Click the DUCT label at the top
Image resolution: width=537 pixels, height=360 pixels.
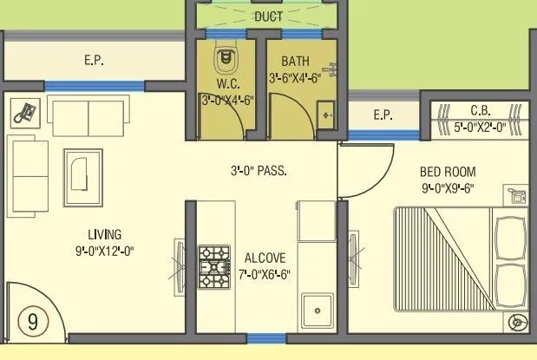coord(269,16)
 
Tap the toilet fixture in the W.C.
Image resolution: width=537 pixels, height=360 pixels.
coord(226,58)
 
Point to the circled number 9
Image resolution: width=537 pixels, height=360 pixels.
coord(33,322)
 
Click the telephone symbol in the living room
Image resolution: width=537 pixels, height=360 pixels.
coord(26,112)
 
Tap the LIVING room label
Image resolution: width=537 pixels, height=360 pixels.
coord(104,234)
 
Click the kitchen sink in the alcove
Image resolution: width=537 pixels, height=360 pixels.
coord(318,308)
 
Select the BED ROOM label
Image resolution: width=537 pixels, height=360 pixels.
coord(448,172)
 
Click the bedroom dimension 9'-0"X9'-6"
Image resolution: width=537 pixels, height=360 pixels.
coord(448,187)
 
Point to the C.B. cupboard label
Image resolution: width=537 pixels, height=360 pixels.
coord(481,110)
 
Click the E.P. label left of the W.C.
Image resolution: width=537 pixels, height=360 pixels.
coord(95,61)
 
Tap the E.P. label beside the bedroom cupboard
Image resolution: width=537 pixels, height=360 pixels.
coord(383,115)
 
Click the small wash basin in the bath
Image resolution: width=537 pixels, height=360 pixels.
coord(326,114)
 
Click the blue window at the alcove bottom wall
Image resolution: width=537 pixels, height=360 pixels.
coord(261,338)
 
